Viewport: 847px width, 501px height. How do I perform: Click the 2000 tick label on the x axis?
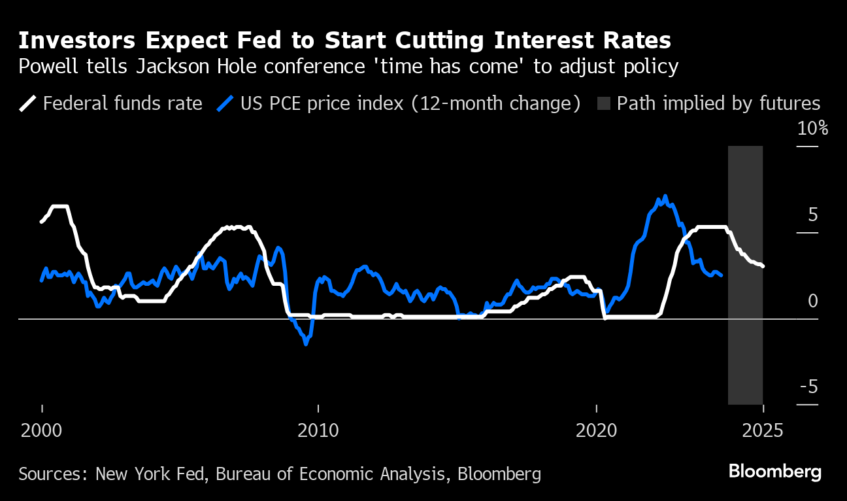pyautogui.click(x=42, y=431)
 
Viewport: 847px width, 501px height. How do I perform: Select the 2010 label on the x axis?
pyautogui.click(x=318, y=431)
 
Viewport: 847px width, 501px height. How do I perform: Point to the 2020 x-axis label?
pyautogui.click(x=596, y=431)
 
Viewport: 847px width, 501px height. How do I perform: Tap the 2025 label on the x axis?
pyautogui.click(x=763, y=431)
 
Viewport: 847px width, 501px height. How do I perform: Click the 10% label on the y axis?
pyautogui.click(x=812, y=128)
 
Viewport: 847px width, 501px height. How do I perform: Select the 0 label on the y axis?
pyautogui.click(x=812, y=301)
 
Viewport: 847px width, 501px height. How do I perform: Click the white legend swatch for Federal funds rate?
pyautogui.click(x=28, y=104)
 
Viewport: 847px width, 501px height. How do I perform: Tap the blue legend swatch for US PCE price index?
pyautogui.click(x=225, y=104)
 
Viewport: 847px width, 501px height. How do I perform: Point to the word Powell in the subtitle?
pyautogui.click(x=49, y=67)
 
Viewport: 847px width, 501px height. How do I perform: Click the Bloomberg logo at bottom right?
pyautogui.click(x=774, y=471)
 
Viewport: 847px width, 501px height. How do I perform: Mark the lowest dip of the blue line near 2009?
pyautogui.click(x=306, y=343)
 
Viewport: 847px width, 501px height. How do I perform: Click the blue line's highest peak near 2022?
pyautogui.click(x=665, y=196)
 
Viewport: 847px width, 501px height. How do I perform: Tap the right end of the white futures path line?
pyautogui.click(x=763, y=266)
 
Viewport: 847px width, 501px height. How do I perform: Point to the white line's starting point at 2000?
pyautogui.click(x=42, y=222)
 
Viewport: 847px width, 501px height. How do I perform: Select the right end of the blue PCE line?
pyautogui.click(x=721, y=275)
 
